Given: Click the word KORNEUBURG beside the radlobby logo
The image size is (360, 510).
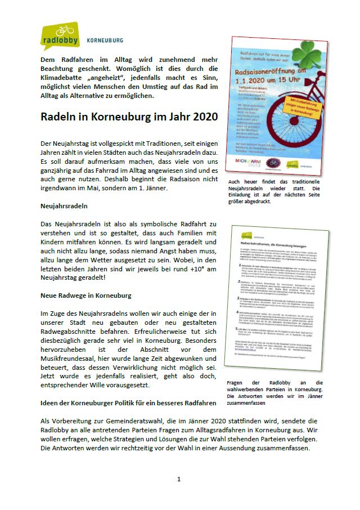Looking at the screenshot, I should pos(105,41).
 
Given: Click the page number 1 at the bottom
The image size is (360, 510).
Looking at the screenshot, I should pos(179,479).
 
